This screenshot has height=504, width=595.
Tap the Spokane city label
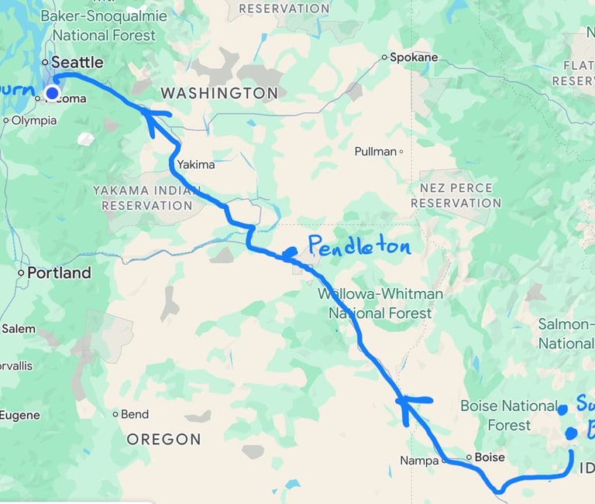(x=413, y=57)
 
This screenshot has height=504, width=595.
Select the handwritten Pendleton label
(x=359, y=247)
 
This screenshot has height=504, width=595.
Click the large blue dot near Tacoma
(x=52, y=94)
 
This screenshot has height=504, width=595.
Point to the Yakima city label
(x=195, y=164)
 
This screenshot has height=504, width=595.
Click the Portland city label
(x=58, y=273)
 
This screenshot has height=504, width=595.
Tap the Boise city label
(x=489, y=457)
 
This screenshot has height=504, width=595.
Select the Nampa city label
(x=419, y=461)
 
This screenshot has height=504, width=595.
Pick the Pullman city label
(x=376, y=152)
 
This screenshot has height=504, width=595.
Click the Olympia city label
(x=34, y=121)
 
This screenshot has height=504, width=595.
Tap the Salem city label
(x=19, y=329)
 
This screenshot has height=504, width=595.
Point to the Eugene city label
(x=19, y=416)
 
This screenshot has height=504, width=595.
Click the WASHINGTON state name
(x=218, y=93)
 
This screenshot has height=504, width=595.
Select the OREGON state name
(x=163, y=439)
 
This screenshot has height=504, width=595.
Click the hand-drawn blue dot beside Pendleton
(x=289, y=252)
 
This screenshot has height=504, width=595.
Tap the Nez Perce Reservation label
(x=456, y=195)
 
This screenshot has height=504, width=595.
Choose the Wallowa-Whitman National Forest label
(x=380, y=303)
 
